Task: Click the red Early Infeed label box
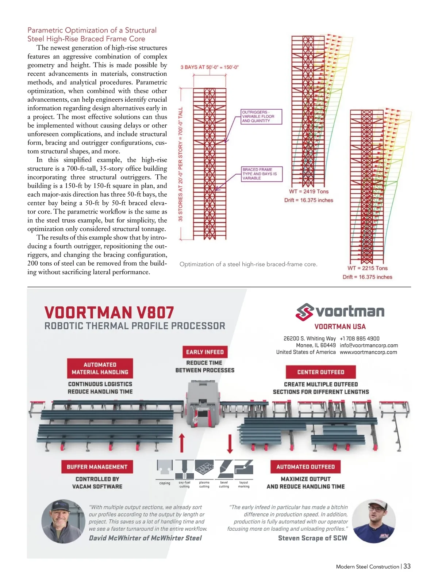tap(205, 352)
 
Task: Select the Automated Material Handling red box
tap(100, 368)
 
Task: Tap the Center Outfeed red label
tap(320, 372)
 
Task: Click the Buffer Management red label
tap(97, 467)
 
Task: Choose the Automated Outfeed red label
tap(306, 467)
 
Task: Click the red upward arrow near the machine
tap(182, 443)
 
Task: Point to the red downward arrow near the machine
tap(230, 443)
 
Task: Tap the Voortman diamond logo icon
tap(304, 312)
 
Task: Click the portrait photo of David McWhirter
tap(64, 522)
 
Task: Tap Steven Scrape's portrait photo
tap(374, 521)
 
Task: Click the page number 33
tap(407, 566)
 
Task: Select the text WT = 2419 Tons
tap(309, 192)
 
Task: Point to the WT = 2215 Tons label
tap(368, 268)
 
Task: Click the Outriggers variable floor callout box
tap(262, 117)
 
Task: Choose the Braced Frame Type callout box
tap(262, 174)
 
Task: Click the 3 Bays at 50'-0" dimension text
tap(210, 67)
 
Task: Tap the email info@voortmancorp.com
tap(369, 345)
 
